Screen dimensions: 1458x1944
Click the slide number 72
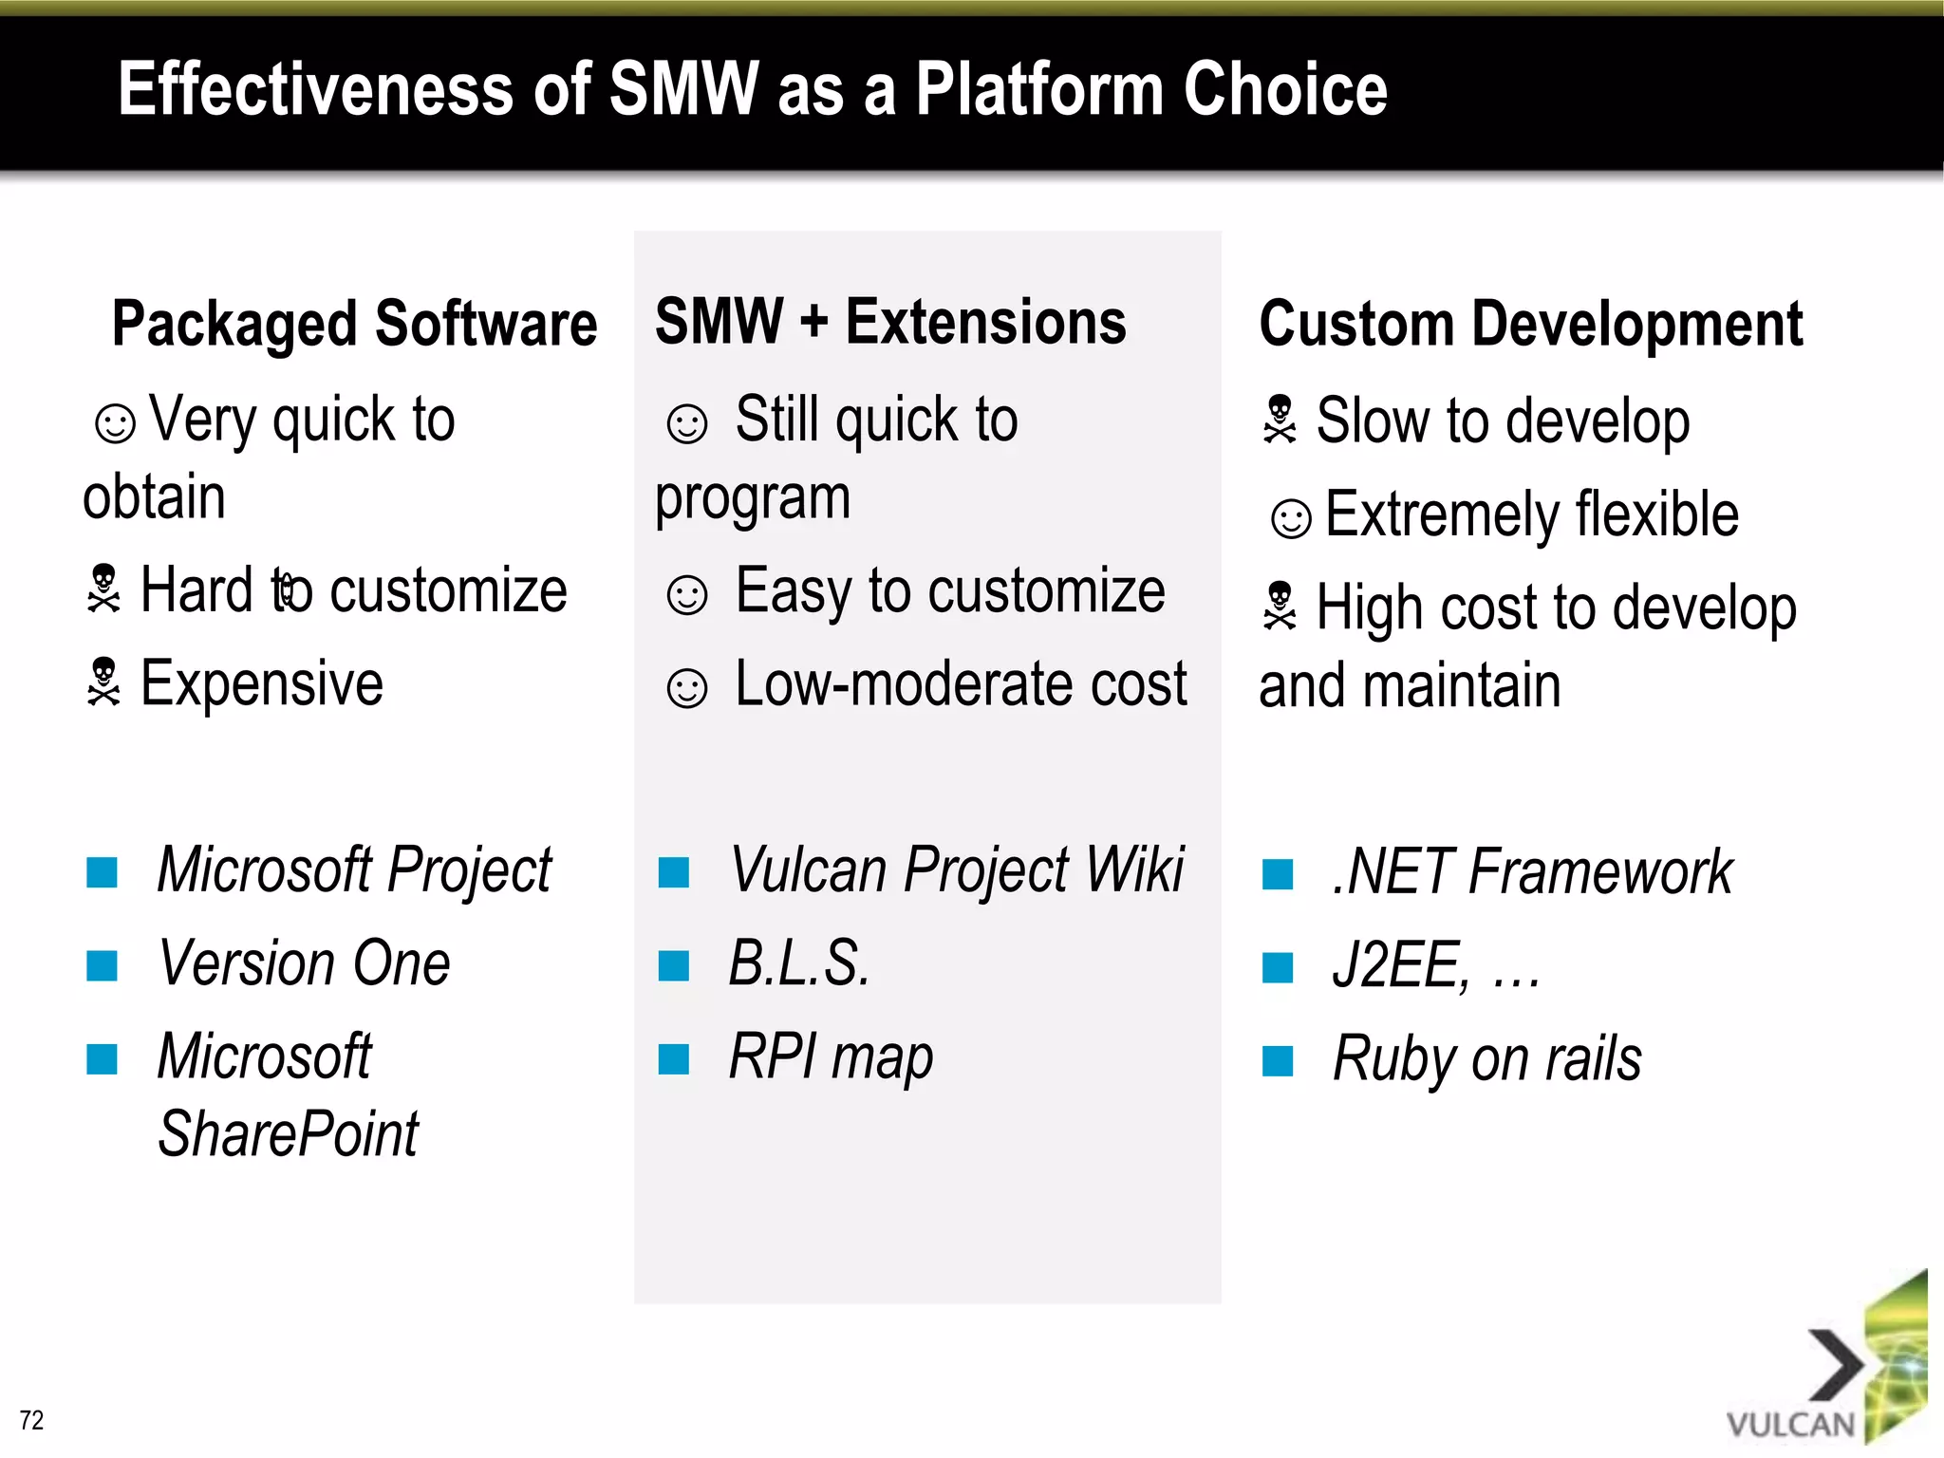coord(31,1420)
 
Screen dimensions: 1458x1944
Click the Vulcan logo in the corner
coord(1827,1367)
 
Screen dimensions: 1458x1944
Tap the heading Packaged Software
coord(354,324)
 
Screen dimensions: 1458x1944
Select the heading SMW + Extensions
coord(890,322)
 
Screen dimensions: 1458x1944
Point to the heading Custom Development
coord(1530,324)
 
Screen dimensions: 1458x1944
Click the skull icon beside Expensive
coord(103,682)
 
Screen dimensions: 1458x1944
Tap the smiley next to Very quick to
coord(116,423)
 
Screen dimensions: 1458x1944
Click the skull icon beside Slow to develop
coord(1280,420)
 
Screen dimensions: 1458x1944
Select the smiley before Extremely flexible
coord(1291,518)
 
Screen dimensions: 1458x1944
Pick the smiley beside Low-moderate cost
coord(687,688)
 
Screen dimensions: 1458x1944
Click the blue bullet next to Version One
coord(102,966)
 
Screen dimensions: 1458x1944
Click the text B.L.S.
coord(798,963)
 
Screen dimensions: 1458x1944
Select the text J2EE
coord(1400,965)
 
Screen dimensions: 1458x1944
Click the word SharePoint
coord(288,1133)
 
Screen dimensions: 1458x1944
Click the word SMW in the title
coord(683,89)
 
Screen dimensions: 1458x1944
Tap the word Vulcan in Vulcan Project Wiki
coord(808,869)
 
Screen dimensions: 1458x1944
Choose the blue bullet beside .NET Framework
coord(1278,873)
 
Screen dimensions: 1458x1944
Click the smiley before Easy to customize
coord(687,595)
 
